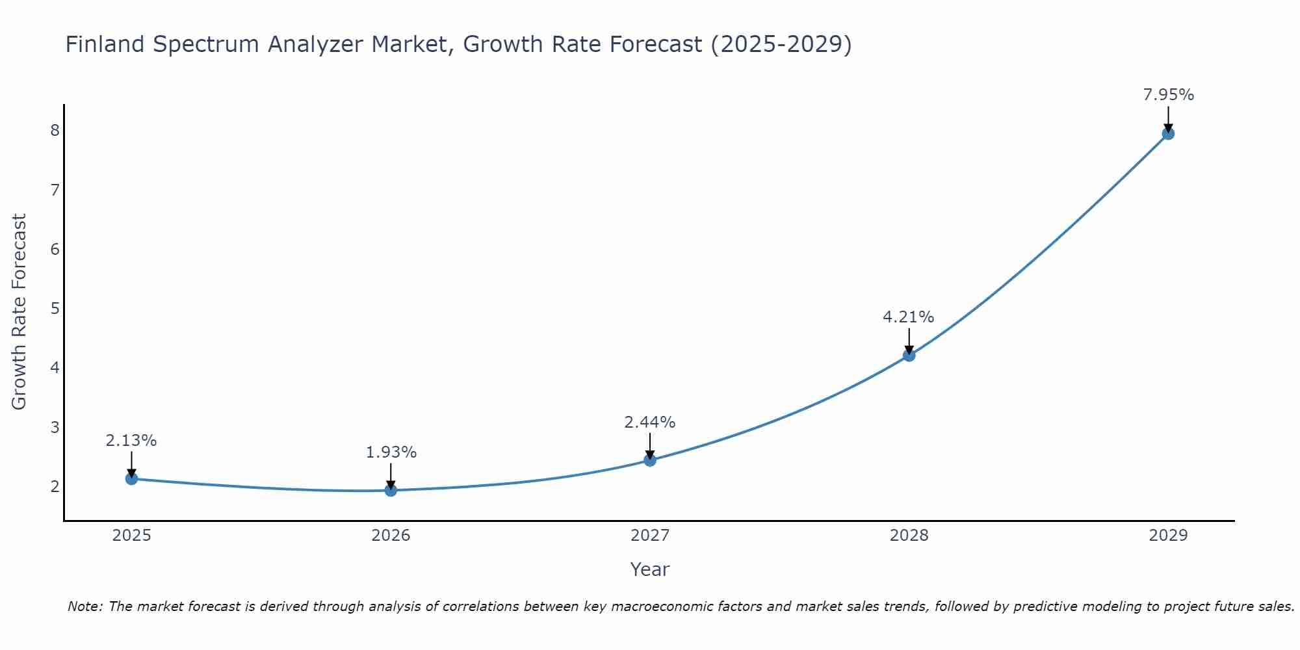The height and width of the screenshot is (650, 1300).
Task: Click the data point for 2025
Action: coord(131,479)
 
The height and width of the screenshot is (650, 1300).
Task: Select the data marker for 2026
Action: coord(391,490)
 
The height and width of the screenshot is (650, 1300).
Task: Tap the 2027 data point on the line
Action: coord(650,460)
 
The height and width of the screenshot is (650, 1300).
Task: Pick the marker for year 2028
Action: coord(909,355)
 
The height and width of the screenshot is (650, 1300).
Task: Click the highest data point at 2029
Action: coord(1168,134)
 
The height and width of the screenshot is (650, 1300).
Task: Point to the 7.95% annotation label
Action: coord(1168,95)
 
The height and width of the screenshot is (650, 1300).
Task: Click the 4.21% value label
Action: coord(908,317)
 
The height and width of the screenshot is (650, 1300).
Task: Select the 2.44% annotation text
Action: coord(649,422)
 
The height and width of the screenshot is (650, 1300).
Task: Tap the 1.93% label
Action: coord(391,452)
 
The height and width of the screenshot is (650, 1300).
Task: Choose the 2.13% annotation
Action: coord(131,441)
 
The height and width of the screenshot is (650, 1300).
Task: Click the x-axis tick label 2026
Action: coord(391,536)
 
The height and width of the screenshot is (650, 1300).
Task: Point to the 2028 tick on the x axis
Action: coord(909,536)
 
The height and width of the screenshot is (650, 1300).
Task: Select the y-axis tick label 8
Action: coord(55,131)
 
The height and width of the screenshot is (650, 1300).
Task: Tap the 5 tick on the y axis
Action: coord(55,308)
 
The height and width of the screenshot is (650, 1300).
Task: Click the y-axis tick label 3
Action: coord(55,427)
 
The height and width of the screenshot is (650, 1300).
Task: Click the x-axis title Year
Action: coord(649,569)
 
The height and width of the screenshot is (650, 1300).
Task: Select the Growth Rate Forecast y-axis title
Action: coord(19,312)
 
